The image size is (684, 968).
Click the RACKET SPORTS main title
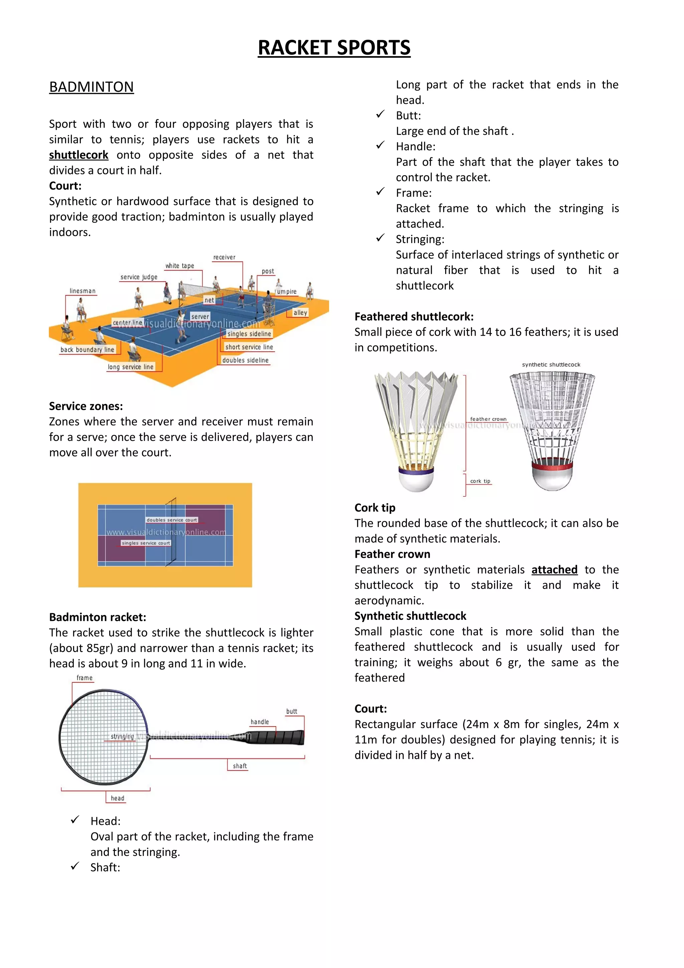[x=334, y=48]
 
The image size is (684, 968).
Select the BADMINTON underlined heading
[x=92, y=87]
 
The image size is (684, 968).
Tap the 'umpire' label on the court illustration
[x=287, y=292]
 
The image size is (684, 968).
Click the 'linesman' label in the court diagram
[x=82, y=291]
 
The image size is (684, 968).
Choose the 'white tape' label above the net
[x=180, y=266]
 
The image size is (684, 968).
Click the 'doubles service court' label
[x=172, y=520]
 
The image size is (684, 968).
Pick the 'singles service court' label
[x=146, y=543]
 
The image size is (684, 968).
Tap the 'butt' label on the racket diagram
[x=292, y=711]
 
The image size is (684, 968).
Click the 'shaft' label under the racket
[x=240, y=766]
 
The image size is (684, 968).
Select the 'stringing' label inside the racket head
[x=122, y=736]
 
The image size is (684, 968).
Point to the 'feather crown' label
[x=488, y=419]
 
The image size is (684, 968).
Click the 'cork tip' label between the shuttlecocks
[x=480, y=481]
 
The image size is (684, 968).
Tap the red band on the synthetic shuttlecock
[x=552, y=466]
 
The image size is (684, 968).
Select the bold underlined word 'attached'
[x=554, y=570]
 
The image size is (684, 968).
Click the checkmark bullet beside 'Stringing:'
[x=380, y=238]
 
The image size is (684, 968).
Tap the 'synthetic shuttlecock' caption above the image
[x=551, y=365]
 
